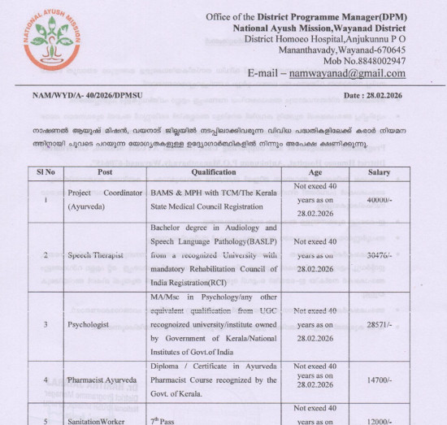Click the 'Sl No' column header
[x=46, y=172]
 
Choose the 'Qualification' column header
[x=213, y=172]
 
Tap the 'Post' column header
[x=104, y=172]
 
